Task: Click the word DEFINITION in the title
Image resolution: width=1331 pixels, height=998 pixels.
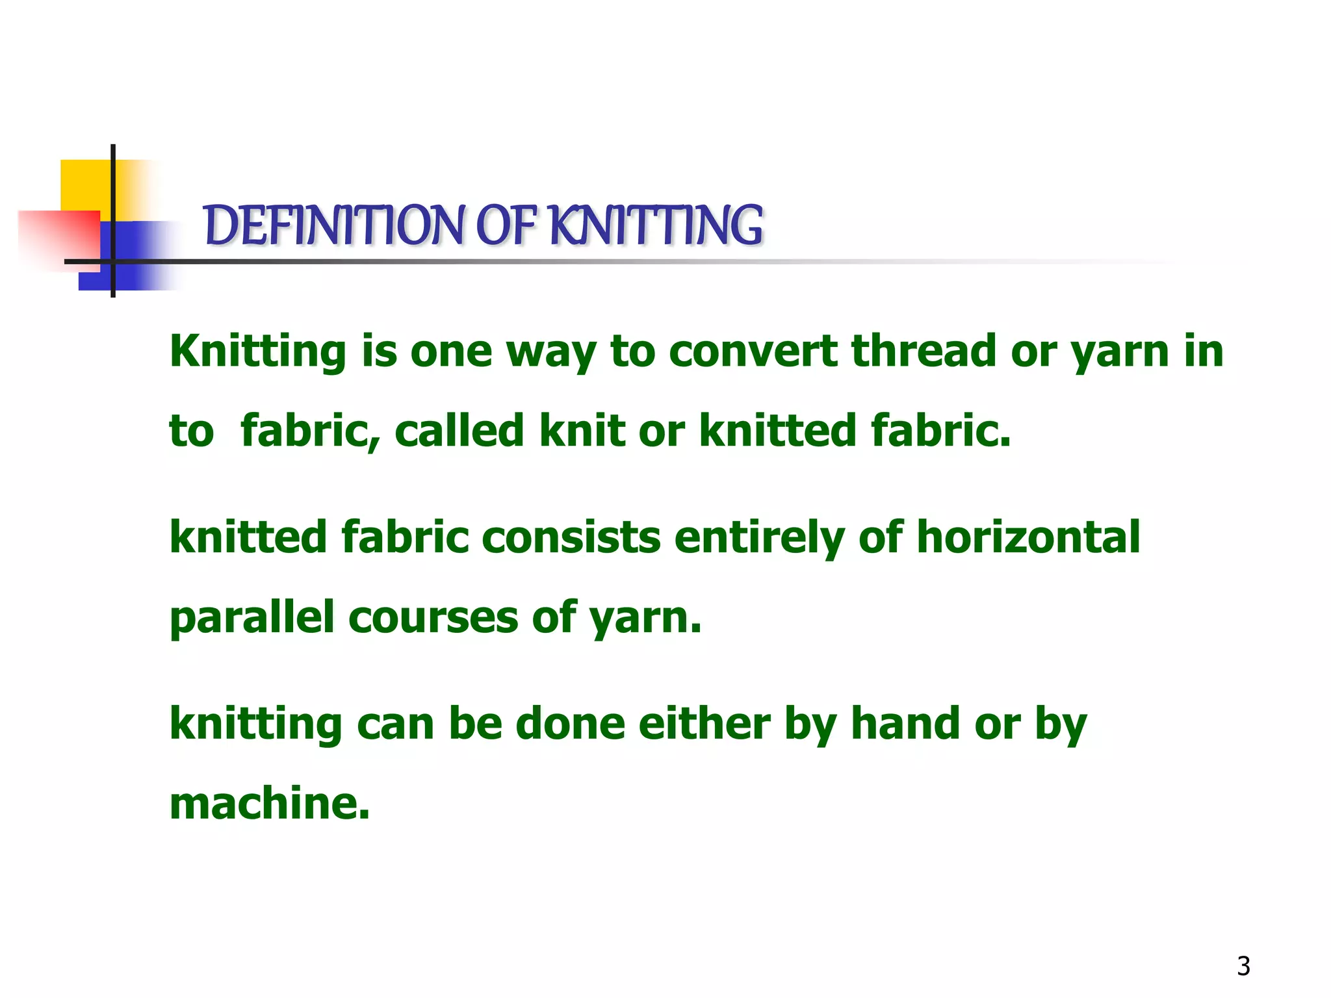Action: pos(334,225)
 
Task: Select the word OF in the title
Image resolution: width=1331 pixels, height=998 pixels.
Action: pos(506,225)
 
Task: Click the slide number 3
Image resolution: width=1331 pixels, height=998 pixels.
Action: pos(1243,966)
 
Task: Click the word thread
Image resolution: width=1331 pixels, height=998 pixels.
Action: pos(924,351)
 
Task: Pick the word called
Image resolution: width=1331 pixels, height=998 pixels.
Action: pos(459,431)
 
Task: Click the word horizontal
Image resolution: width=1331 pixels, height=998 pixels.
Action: pos(1027,537)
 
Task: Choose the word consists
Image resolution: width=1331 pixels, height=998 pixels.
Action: pos(571,537)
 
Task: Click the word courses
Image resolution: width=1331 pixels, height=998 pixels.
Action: pos(433,617)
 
